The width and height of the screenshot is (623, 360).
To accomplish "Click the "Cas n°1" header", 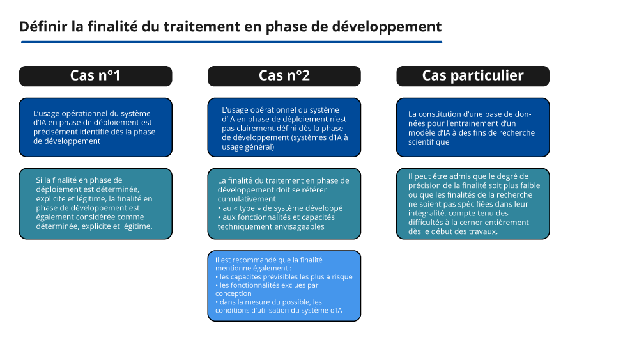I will coord(95,76).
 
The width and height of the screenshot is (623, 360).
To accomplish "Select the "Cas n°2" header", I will coord(284,76).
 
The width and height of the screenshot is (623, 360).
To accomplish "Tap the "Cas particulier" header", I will coord(472,76).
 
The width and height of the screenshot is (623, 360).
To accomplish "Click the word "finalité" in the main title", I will coord(113,27).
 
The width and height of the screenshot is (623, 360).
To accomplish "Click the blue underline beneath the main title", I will coord(231,42).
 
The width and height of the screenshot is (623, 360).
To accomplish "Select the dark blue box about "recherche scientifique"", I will coord(472,127).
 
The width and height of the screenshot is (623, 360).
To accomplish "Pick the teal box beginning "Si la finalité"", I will coord(95,203).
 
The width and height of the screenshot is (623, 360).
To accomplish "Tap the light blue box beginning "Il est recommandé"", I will coord(284,285).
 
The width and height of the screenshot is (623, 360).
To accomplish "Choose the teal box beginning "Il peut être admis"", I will coord(472,203).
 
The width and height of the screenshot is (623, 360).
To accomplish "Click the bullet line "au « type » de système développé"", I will coord(282,208).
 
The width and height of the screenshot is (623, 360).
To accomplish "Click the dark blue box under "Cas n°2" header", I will coord(284,127).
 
